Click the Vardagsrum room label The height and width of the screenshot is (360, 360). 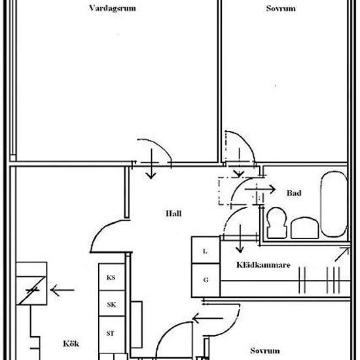[x=113, y=9]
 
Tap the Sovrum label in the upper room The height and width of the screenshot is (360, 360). [x=281, y=9]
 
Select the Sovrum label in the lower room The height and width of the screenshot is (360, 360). [x=265, y=351]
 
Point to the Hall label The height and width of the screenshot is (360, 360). [x=173, y=213]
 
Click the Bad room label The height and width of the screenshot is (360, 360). [x=294, y=193]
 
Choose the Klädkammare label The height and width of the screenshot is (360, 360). [x=263, y=264]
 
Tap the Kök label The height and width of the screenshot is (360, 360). [x=71, y=344]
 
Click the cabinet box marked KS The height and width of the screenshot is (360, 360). [x=111, y=277]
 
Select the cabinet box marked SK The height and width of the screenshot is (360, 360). [x=111, y=304]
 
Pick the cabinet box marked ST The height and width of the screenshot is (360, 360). [x=111, y=334]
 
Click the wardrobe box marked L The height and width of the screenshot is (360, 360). [x=206, y=250]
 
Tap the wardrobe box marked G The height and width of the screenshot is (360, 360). [x=206, y=280]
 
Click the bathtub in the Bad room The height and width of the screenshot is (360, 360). [x=334, y=204]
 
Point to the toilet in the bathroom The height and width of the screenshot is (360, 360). [x=277, y=223]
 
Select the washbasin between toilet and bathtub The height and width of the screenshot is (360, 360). [x=304, y=228]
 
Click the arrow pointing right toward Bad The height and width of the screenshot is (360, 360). [x=260, y=189]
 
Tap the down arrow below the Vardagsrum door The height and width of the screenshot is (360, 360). [x=151, y=164]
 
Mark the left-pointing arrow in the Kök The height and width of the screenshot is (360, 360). [x=62, y=290]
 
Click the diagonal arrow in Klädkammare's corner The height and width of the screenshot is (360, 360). [x=342, y=255]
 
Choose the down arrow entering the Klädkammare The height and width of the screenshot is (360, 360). [x=240, y=239]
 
